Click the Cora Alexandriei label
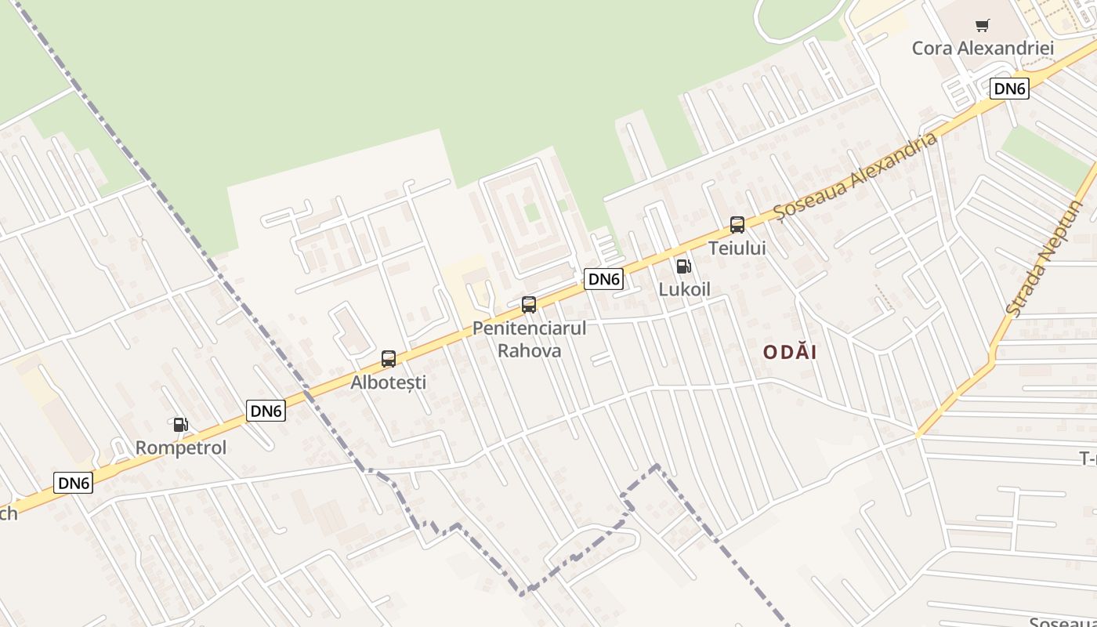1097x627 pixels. pyautogui.click(x=983, y=48)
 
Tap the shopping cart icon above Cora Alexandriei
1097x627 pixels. pyautogui.click(x=983, y=26)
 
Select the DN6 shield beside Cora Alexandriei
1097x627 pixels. pyautogui.click(x=1009, y=89)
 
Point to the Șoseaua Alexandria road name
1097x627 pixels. pyautogui.click(x=855, y=176)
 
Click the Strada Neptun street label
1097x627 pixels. pyautogui.click(x=1043, y=259)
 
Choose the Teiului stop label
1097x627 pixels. pyautogui.click(x=737, y=248)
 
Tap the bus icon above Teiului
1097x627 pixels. pyautogui.click(x=737, y=225)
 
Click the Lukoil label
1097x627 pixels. pyautogui.click(x=684, y=289)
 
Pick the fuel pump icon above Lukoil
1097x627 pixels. pyautogui.click(x=683, y=266)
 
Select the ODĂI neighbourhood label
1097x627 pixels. pyautogui.click(x=790, y=353)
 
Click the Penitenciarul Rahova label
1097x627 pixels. pyautogui.click(x=529, y=339)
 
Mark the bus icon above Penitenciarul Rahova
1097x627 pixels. pyautogui.click(x=529, y=305)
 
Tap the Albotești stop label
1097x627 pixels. pyautogui.click(x=389, y=382)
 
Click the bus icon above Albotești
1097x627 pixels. pyautogui.click(x=389, y=359)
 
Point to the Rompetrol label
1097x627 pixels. pyautogui.click(x=181, y=448)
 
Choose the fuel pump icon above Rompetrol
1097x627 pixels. pyautogui.click(x=181, y=425)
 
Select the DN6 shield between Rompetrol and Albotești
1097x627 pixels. pyautogui.click(x=266, y=411)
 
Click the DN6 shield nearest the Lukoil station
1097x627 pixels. pyautogui.click(x=603, y=279)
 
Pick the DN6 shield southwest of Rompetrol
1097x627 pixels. pyautogui.click(x=74, y=483)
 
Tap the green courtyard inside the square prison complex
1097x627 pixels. pyautogui.click(x=532, y=212)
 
